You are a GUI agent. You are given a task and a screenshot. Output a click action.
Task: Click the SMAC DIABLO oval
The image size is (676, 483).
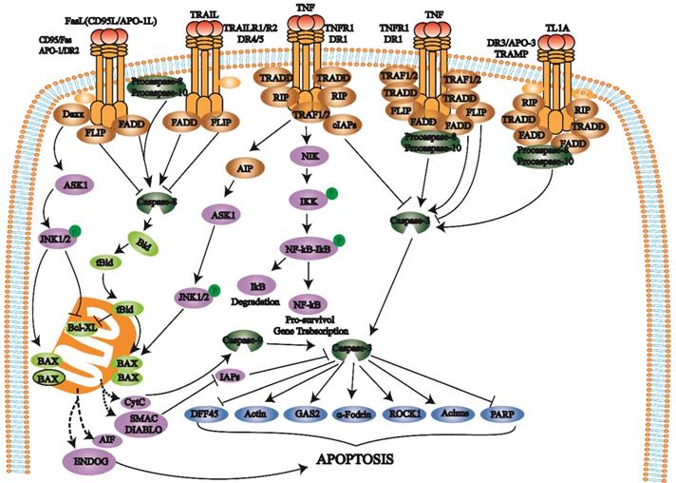(x=149, y=421)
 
